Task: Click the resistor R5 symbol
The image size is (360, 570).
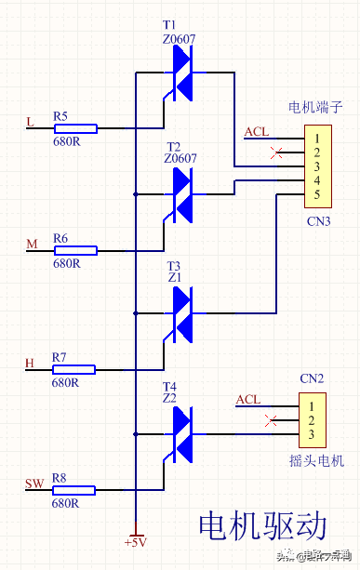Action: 73,127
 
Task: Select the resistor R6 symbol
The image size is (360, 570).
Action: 73,250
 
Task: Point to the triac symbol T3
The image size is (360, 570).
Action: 181,313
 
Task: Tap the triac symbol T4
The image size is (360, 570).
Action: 181,433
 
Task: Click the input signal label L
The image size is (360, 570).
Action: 30,122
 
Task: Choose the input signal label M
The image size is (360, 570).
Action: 32,244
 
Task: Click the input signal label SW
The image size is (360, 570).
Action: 33,483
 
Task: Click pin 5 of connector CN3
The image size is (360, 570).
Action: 316,193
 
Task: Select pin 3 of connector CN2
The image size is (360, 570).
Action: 312,435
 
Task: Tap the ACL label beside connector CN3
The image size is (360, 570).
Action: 256,132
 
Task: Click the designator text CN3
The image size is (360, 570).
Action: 318,221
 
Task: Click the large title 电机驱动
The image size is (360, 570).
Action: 262,525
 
